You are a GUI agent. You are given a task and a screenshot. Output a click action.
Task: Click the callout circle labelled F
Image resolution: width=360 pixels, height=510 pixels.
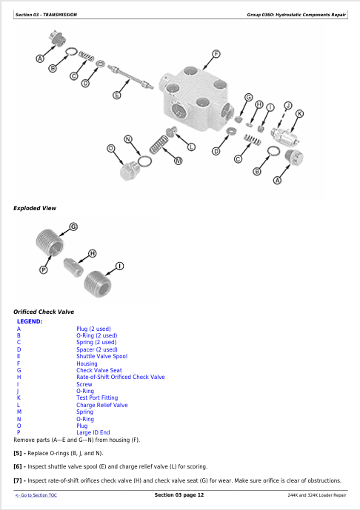click(216, 54)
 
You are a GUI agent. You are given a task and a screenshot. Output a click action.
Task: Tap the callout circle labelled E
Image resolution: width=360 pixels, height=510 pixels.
click(116, 95)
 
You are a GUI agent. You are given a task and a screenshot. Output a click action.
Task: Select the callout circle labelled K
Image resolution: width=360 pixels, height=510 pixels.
click(299, 113)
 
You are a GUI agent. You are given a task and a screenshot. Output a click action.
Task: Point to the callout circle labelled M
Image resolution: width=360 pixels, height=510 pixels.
click(178, 161)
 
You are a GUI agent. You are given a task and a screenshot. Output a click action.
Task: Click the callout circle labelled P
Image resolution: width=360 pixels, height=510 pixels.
click(43, 269)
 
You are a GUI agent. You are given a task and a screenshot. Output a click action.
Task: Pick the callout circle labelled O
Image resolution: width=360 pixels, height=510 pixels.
click(111, 149)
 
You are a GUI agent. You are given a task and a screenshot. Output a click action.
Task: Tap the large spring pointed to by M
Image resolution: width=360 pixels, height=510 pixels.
click(159, 144)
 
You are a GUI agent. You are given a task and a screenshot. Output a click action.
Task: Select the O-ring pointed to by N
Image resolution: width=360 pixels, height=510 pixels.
click(144, 161)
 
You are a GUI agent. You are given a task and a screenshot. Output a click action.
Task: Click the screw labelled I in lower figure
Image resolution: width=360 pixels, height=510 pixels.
click(98, 284)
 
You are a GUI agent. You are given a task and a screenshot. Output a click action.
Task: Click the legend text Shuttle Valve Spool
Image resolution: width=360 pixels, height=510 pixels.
click(101, 356)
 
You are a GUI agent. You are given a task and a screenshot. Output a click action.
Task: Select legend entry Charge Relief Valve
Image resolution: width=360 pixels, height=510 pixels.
click(102, 405)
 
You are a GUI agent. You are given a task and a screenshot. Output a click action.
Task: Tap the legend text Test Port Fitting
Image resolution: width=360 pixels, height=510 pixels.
click(97, 397)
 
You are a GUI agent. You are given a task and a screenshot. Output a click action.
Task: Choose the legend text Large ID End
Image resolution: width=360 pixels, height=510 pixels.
click(93, 432)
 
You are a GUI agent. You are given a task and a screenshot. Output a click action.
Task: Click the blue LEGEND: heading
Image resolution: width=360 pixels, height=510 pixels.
click(30, 321)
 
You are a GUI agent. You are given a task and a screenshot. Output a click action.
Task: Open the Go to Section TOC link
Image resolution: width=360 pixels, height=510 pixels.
click(36, 495)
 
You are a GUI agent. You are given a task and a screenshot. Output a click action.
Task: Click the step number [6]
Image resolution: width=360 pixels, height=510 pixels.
click(18, 467)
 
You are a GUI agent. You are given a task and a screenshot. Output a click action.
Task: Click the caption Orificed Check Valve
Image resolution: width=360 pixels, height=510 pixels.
click(44, 312)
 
